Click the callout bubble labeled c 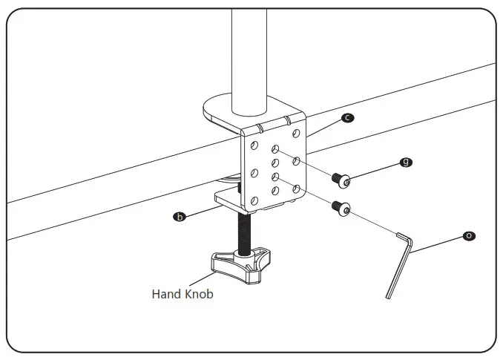(347, 117)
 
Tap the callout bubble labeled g (405, 162)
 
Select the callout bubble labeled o (468, 235)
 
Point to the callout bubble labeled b (178, 217)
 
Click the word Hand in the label (166, 294)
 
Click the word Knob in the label (199, 294)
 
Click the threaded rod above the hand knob (242, 230)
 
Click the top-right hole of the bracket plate (295, 134)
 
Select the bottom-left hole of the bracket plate (254, 199)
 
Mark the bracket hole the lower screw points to (275, 177)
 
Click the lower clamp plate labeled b (227, 198)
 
